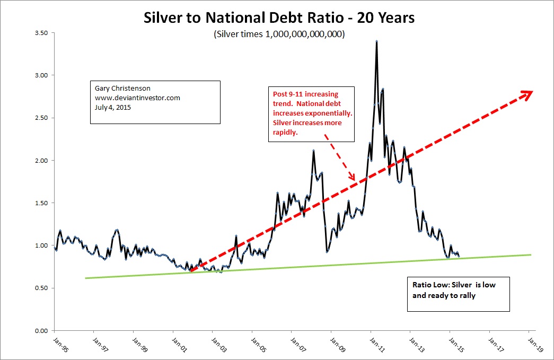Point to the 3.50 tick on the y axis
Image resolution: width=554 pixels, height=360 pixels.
(x=41, y=33)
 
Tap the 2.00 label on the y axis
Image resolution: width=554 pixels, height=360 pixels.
(x=41, y=160)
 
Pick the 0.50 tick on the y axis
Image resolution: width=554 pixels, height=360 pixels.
(x=41, y=288)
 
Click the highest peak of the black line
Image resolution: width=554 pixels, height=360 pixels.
(x=376, y=41)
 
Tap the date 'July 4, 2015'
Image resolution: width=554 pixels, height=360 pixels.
(x=108, y=107)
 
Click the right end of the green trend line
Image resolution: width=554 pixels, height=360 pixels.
(x=531, y=254)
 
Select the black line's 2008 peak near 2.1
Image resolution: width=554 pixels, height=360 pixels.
(x=313, y=151)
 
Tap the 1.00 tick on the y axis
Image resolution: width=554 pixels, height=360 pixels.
(x=41, y=245)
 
